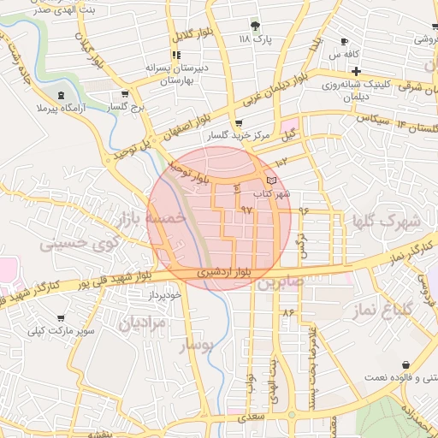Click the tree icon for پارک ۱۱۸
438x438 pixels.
point(254,25)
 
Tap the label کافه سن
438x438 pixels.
point(345,54)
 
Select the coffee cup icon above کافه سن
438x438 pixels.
point(344,41)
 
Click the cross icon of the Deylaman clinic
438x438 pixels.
point(356,70)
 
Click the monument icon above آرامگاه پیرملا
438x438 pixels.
point(60,95)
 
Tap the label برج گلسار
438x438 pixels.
point(127,107)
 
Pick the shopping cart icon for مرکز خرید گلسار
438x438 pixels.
point(239,124)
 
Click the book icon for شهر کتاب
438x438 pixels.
point(271,181)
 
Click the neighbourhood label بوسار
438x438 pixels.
point(198,345)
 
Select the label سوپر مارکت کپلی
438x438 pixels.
point(57,328)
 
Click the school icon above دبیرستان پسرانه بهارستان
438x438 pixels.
point(177,55)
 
